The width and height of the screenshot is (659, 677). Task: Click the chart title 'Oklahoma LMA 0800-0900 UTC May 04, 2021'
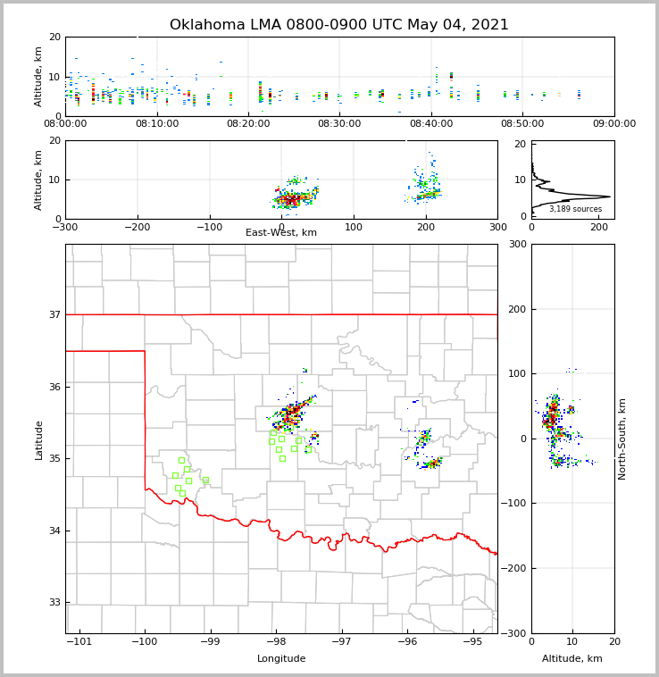pos(339,25)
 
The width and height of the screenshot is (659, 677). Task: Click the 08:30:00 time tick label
pos(339,124)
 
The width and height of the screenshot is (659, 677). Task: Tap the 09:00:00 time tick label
pos(613,124)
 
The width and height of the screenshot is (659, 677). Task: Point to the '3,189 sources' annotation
pos(575,209)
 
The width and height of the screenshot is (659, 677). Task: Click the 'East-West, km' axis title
pos(281,233)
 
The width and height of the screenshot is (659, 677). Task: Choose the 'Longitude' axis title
pos(281,659)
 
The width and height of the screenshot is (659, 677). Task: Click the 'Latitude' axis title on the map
pos(39,439)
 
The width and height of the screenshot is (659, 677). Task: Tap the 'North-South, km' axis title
pos(622,439)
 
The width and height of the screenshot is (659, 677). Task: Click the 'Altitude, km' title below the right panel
pos(572,659)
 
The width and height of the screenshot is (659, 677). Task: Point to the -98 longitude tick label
pos(276,642)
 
